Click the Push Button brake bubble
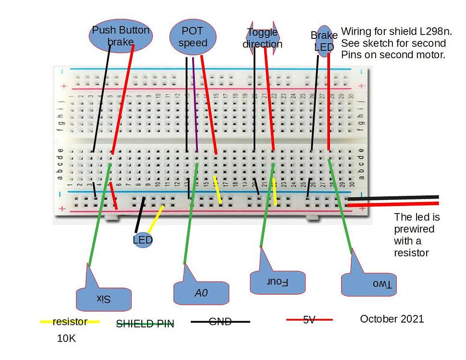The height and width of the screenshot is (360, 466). pos(121,36)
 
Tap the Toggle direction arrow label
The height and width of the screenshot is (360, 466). pos(262,38)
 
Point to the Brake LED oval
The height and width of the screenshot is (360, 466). pos(324,41)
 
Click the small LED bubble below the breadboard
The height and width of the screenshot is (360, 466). pos(143,240)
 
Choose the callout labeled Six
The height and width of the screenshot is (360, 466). pos(104,299)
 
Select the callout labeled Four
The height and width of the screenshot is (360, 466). pos(278,282)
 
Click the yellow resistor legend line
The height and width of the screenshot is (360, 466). pos(70,322)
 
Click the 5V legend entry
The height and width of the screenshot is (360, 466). pos(309,319)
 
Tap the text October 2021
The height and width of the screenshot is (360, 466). pos(392,319)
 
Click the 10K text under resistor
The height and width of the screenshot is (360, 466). pos(66,338)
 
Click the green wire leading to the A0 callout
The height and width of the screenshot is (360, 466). pos(191,216)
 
